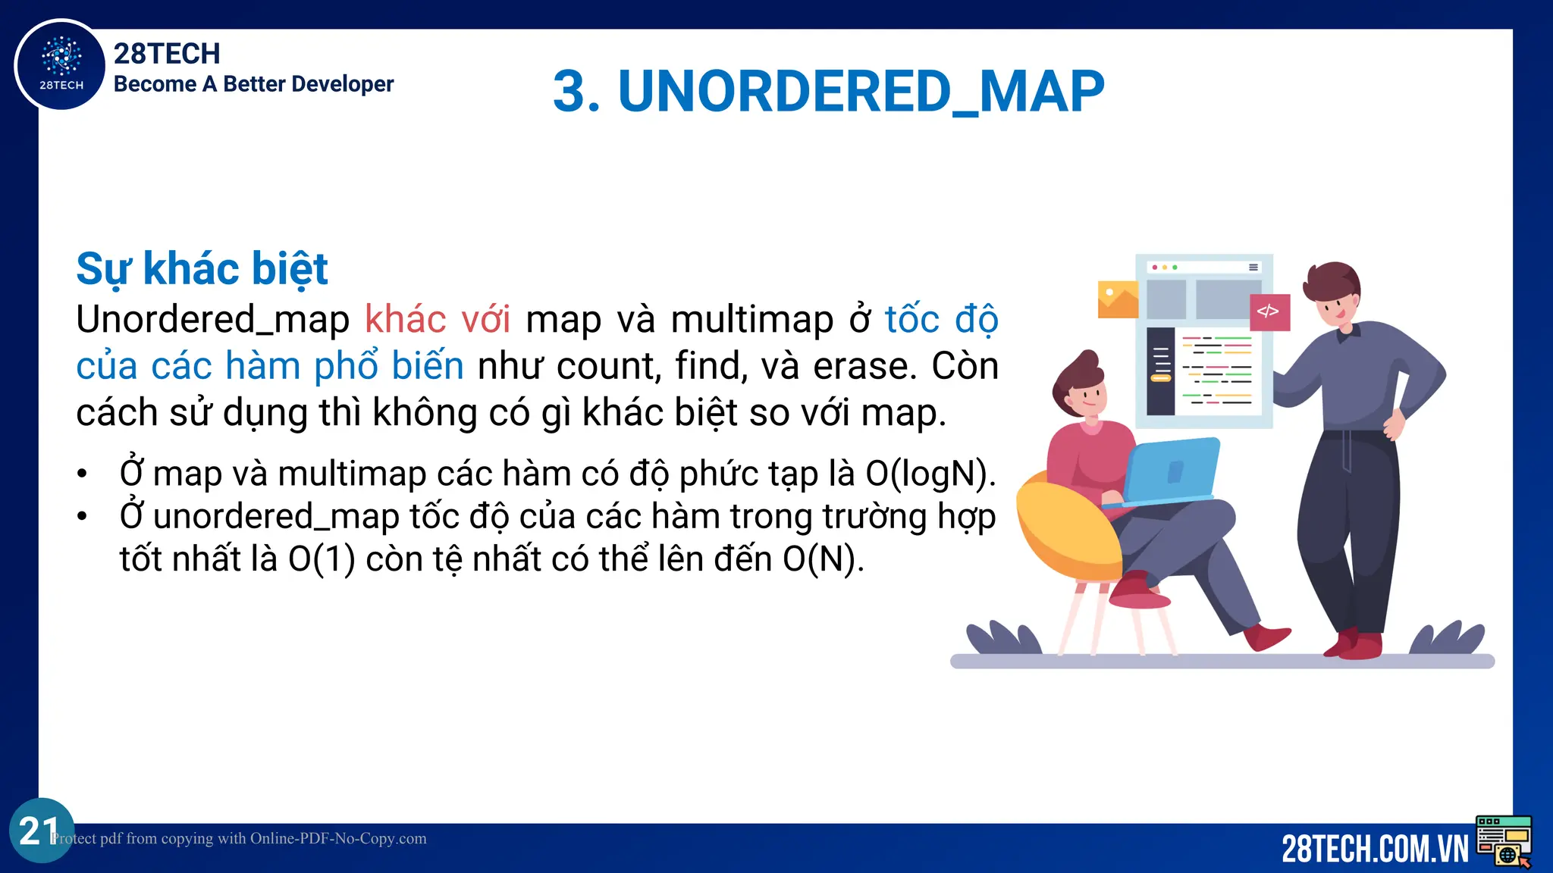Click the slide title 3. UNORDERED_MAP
[828, 92]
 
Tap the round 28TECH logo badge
[61, 64]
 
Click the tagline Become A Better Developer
[253, 84]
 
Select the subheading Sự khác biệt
[202, 269]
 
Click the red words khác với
[438, 319]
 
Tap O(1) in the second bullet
[322, 559]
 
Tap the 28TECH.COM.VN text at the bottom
[1374, 849]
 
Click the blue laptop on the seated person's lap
[1172, 472]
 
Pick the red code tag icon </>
[1269, 311]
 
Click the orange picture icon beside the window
[1118, 299]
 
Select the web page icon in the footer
[1504, 840]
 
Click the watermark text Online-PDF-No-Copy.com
[338, 839]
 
